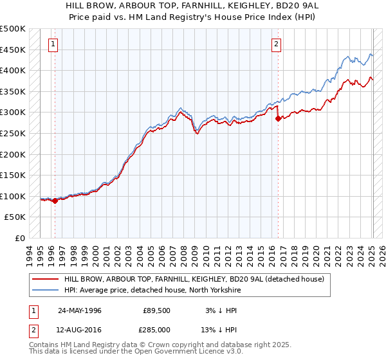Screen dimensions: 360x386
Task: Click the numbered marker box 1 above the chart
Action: (x=52, y=44)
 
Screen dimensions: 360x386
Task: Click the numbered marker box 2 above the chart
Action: (x=276, y=44)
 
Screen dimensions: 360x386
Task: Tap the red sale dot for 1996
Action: (x=55, y=201)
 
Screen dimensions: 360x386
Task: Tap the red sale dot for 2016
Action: (x=278, y=118)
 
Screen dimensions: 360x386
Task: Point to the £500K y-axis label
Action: (x=12, y=29)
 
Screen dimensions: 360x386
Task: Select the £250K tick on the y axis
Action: (x=12, y=133)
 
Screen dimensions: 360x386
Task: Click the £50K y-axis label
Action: (x=15, y=217)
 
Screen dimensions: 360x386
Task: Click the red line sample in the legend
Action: (x=44, y=279)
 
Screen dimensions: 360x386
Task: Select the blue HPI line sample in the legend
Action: (x=44, y=289)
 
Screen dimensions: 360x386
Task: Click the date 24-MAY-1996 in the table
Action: (x=80, y=310)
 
